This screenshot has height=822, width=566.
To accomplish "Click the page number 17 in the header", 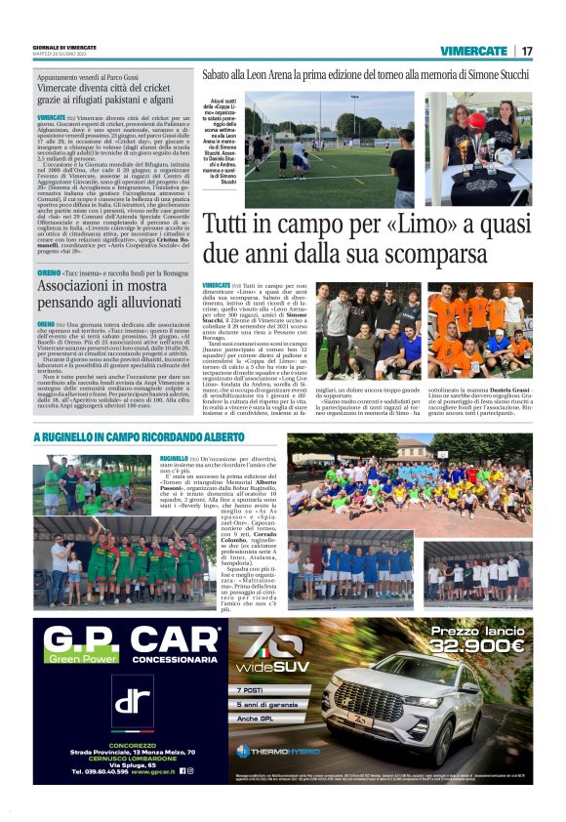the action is point(526,51).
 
